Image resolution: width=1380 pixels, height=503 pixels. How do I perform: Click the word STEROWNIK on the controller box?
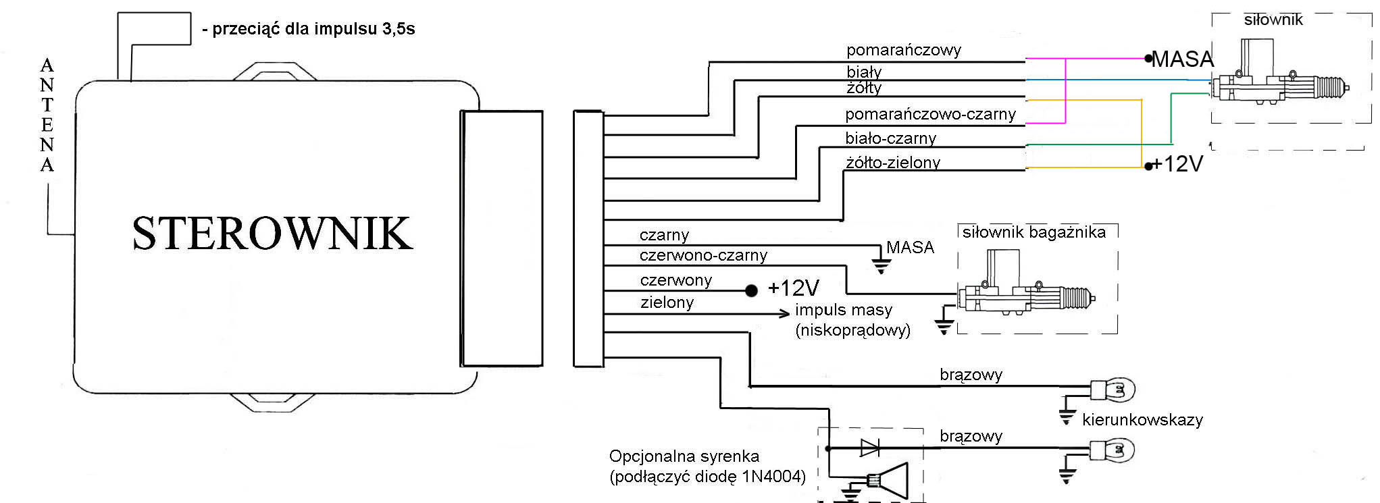click(x=272, y=234)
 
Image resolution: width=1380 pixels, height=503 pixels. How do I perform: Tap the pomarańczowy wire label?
click(x=903, y=50)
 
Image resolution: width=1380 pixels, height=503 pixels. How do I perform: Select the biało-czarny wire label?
click(x=890, y=138)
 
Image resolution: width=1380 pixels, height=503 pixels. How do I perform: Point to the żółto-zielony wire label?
click(x=892, y=163)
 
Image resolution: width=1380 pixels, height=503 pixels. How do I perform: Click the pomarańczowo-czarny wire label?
click(x=930, y=114)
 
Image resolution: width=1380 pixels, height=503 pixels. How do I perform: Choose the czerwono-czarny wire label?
click(x=703, y=255)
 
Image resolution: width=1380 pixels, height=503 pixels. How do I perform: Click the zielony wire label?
click(x=667, y=302)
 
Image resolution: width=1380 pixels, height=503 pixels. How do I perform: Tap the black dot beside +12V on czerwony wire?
click(x=751, y=291)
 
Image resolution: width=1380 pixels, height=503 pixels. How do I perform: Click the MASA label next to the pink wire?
click(x=1182, y=59)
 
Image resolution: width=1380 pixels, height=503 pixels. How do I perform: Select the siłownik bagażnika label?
click(x=1033, y=233)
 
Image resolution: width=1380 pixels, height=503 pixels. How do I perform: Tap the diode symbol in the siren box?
click(x=870, y=448)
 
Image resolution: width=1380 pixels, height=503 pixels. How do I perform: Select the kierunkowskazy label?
click(x=1142, y=420)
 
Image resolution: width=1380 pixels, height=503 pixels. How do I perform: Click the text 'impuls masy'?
click(x=844, y=310)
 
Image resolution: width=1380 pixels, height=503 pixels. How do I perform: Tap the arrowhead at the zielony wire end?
click(x=784, y=313)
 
